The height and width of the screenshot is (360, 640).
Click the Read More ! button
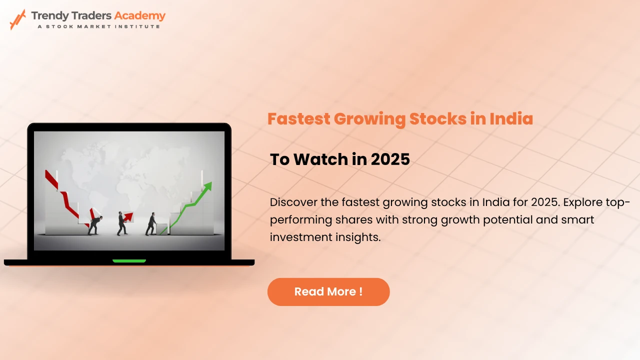pos(328,291)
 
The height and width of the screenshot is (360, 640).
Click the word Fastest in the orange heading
pos(298,119)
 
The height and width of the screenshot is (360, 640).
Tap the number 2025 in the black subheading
pos(390,159)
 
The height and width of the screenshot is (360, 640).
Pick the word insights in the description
pos(356,237)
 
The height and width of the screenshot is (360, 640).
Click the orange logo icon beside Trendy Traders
pos(18,19)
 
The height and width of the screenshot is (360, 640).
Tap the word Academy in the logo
pos(139,15)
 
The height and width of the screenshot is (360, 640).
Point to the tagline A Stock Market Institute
pos(98,26)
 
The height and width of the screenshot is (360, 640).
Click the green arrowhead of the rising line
pos(207,186)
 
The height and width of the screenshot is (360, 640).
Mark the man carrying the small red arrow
pos(122,223)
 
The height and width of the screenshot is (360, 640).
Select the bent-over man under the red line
pos(94,225)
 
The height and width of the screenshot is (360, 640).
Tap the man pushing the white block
pos(151,224)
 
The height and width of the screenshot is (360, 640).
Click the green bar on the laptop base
pos(129,260)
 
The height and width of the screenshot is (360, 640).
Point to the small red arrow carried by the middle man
pos(128,216)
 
